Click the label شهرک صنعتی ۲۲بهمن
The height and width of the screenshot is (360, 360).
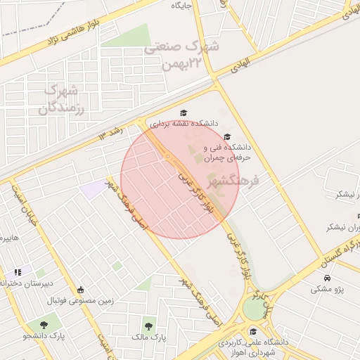tap(182, 56)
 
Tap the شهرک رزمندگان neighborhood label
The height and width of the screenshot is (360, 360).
tap(62, 99)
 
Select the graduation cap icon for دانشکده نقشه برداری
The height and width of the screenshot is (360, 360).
tap(184, 113)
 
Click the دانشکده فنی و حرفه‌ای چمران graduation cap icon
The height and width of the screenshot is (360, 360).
tap(226, 136)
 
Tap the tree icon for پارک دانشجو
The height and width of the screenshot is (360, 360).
tap(45, 325)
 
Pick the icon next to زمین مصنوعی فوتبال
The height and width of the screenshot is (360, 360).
tap(80, 290)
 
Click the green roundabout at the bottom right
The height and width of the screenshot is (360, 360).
tap(252, 309)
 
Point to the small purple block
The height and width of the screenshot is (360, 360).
tap(91, 188)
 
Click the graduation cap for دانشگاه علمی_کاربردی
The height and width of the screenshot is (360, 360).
tap(253, 332)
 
